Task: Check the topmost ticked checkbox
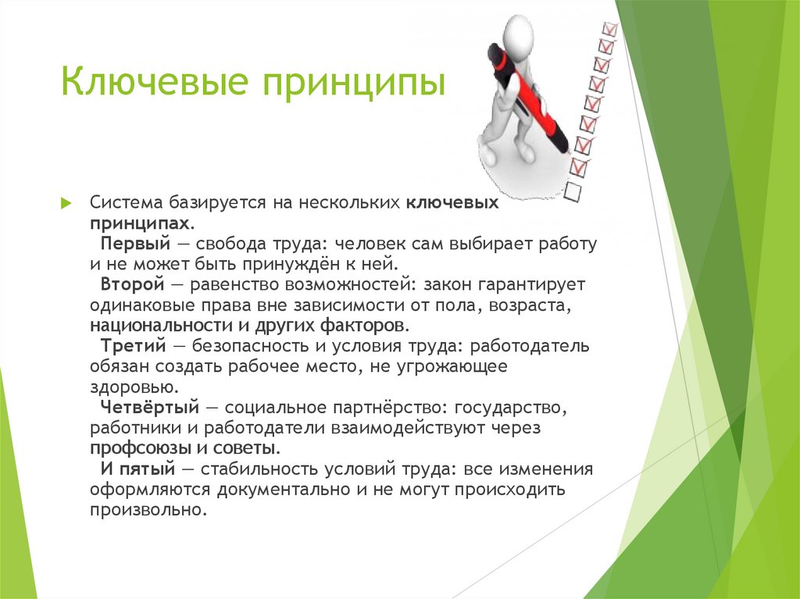609,28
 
